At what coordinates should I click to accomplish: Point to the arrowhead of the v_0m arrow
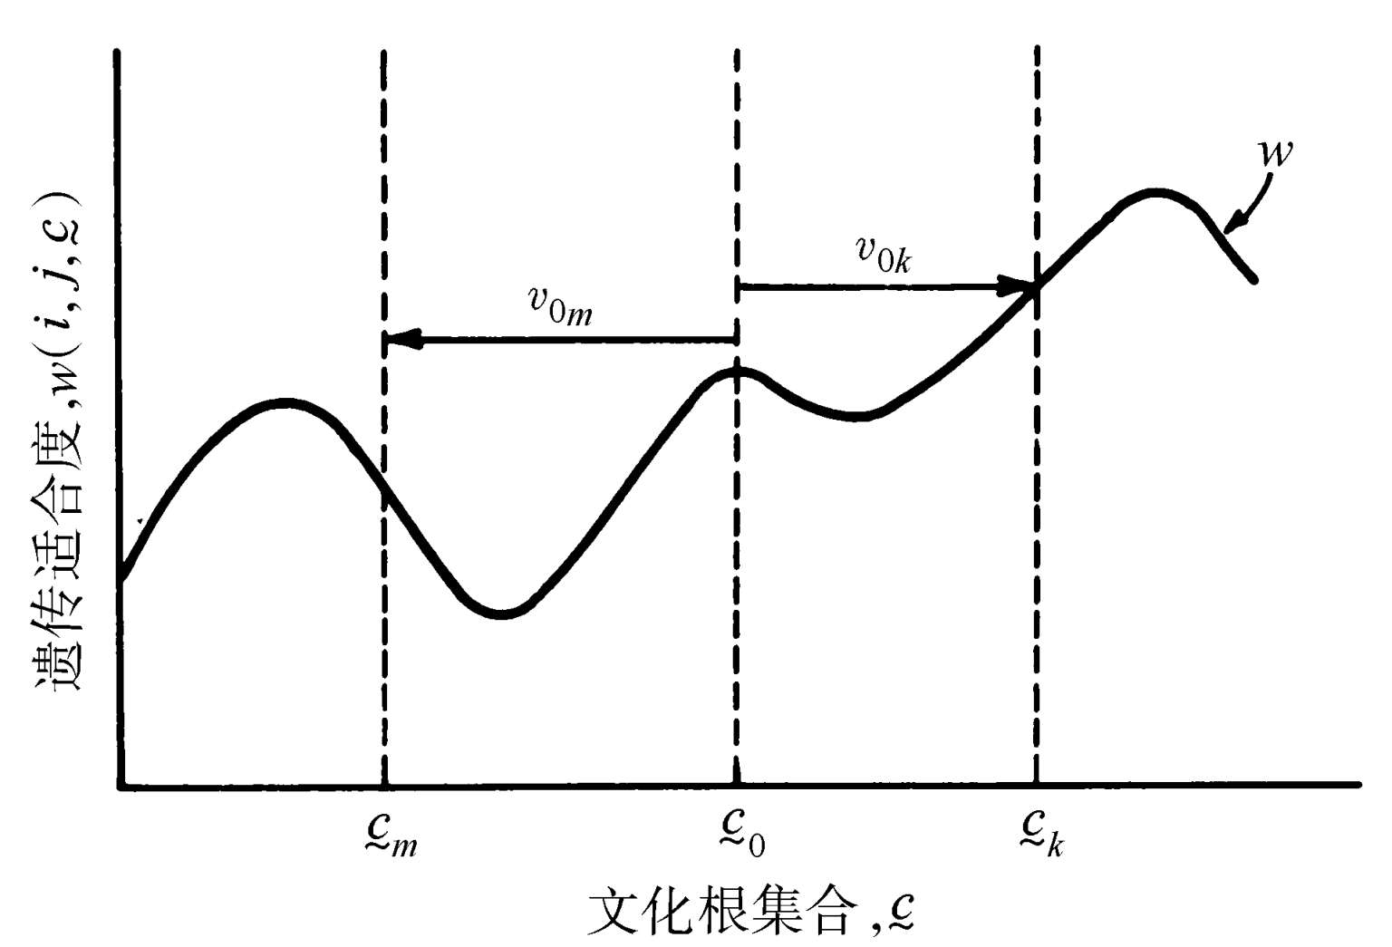(x=396, y=341)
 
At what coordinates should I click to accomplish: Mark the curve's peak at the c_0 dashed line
(x=737, y=370)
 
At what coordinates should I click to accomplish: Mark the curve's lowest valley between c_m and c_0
(x=501, y=614)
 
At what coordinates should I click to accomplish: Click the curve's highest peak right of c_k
(x=1155, y=192)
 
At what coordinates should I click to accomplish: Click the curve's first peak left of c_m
(x=285, y=401)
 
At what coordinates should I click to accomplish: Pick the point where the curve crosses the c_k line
(x=1036, y=288)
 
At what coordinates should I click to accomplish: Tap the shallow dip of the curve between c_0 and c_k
(x=856, y=417)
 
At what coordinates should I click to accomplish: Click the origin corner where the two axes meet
(x=121, y=785)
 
